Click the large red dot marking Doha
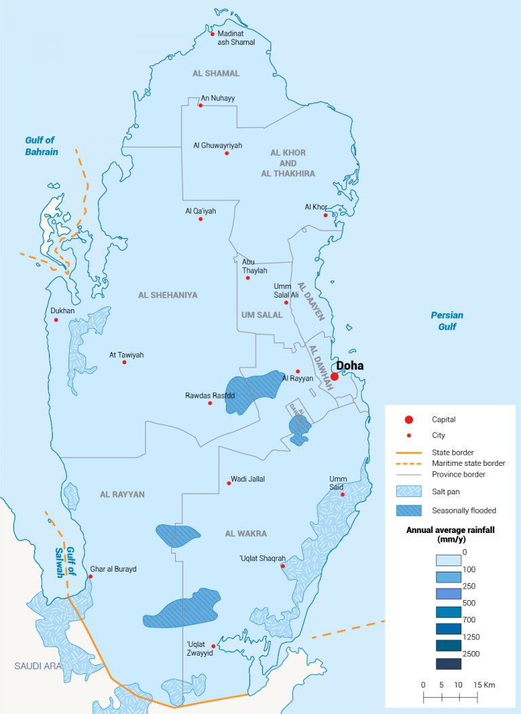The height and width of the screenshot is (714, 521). click(334, 377)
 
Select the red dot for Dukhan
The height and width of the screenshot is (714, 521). click(56, 320)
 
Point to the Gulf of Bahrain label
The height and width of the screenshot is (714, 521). click(41, 146)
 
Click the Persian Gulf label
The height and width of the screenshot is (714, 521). click(447, 321)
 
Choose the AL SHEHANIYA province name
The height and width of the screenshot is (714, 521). click(168, 295)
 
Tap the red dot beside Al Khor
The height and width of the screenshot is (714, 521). click(326, 216)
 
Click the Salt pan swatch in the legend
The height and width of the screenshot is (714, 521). click(409, 491)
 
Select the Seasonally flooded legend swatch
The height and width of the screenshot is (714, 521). click(409, 511)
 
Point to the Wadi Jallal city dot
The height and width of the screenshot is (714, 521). click(229, 483)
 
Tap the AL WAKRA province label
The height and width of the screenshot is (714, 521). click(246, 534)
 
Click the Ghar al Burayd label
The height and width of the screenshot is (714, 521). click(113, 569)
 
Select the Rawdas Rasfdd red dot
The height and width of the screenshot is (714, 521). click(210, 403)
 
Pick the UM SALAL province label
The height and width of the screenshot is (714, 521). click(261, 315)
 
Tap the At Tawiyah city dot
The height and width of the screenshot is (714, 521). click(124, 362)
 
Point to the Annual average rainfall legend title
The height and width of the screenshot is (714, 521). click(449, 535)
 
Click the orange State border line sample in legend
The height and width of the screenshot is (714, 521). click(409, 452)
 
